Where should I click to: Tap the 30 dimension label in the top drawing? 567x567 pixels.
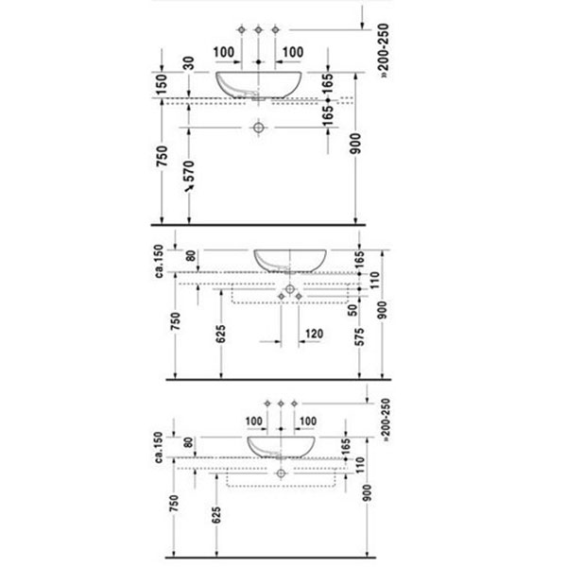(x=189, y=63)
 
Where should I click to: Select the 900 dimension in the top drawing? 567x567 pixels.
(x=355, y=144)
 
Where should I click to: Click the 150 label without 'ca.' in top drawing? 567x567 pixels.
(x=162, y=84)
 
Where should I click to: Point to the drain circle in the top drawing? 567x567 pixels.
(x=258, y=128)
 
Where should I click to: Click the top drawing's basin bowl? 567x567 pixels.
(x=259, y=85)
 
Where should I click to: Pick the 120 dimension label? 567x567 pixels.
(x=315, y=334)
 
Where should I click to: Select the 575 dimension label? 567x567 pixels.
(x=359, y=336)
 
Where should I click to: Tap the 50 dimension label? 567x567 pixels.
(x=352, y=310)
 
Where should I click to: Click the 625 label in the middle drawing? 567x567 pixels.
(x=220, y=334)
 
